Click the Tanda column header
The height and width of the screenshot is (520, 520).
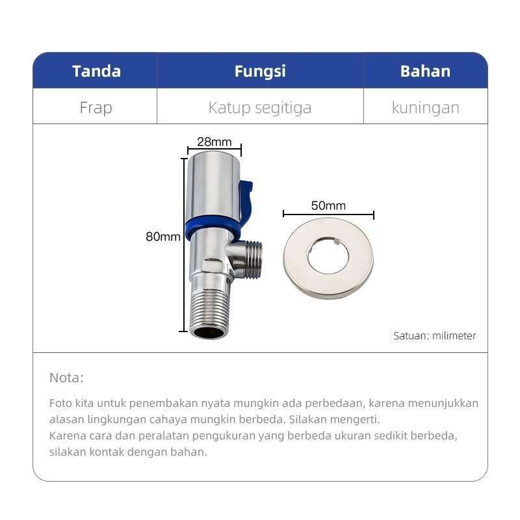tap(96, 71)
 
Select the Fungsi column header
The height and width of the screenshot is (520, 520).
tap(260, 71)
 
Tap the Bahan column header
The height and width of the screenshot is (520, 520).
tap(425, 71)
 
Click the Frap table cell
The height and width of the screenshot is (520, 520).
tap(96, 107)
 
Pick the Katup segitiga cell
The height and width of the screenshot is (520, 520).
tap(259, 107)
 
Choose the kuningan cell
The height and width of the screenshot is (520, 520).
tap(425, 107)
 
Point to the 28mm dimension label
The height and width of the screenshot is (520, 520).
tap(214, 142)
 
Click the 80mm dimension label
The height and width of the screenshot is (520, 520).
tap(162, 237)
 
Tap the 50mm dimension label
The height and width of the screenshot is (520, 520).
tap(328, 206)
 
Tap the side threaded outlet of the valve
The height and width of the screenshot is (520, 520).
tap(251, 259)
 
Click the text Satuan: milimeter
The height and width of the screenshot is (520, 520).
tap(434, 336)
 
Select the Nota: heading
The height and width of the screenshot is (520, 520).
tap(66, 378)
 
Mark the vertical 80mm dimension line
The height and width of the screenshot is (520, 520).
tap(183, 244)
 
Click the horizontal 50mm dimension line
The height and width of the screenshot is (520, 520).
tap(328, 214)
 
